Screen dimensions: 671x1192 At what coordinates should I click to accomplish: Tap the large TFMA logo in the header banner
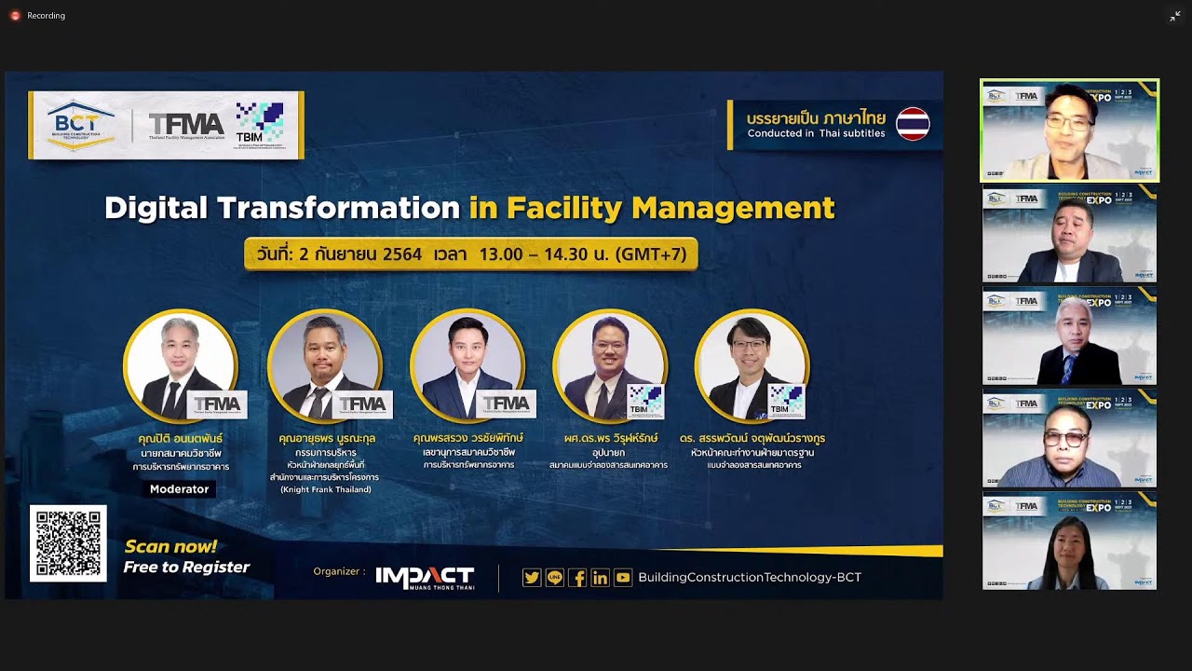tap(186, 125)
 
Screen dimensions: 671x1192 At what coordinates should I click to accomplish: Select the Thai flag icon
tap(913, 124)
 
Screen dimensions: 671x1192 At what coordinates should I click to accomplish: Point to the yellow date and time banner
tap(470, 254)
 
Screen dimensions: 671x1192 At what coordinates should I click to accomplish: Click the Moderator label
tap(180, 489)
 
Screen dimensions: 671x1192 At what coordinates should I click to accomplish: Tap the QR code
tap(68, 543)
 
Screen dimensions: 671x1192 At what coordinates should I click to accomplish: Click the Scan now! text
tap(170, 547)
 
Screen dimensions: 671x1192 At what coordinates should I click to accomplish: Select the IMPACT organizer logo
tap(425, 578)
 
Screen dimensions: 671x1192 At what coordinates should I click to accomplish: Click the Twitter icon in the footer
tap(532, 578)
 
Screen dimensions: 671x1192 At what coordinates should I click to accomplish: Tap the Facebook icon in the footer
tap(577, 578)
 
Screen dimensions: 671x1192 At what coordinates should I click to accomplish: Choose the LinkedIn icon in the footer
tap(600, 578)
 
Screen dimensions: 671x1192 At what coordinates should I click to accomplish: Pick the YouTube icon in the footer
tap(623, 578)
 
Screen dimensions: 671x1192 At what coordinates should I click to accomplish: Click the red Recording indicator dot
tap(15, 16)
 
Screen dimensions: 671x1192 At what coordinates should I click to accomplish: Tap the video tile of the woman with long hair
tap(1069, 541)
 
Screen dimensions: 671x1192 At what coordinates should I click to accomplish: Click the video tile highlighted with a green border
tap(1069, 130)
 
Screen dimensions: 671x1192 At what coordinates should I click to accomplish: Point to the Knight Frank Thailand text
tap(325, 489)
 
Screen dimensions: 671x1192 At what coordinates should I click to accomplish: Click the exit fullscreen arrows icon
tap(1175, 16)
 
